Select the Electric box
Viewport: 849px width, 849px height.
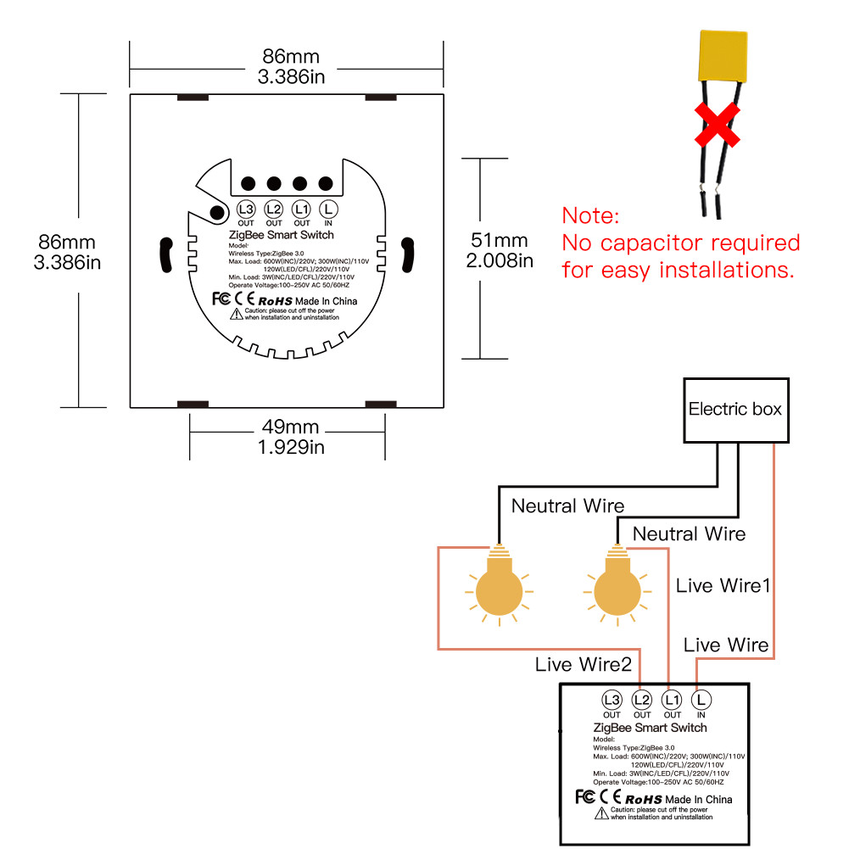(x=735, y=410)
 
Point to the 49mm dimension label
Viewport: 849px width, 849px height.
(x=290, y=426)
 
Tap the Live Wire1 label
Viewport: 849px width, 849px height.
(x=723, y=585)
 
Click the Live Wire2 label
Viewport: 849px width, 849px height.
(x=584, y=665)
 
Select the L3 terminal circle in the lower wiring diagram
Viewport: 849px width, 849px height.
(x=612, y=701)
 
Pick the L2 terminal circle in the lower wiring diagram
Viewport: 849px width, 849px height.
(x=642, y=701)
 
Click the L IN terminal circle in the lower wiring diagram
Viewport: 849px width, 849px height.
(x=701, y=701)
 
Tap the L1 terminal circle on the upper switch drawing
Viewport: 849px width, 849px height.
(x=300, y=209)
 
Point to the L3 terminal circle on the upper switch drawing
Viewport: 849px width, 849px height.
(x=246, y=209)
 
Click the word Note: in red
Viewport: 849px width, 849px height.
(x=591, y=215)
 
